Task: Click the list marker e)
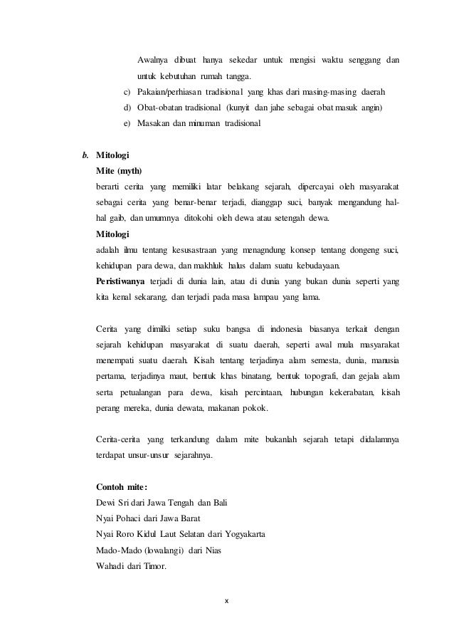click(x=127, y=123)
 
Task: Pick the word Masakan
click(x=158, y=123)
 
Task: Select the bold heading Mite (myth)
click(x=119, y=171)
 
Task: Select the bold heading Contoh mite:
click(x=122, y=486)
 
